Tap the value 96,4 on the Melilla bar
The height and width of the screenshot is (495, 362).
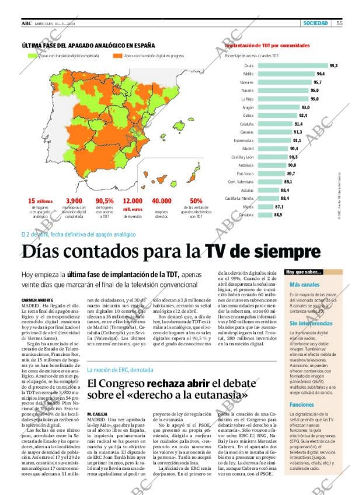tap(321, 74)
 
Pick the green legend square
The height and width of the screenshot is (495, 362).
tap(33, 56)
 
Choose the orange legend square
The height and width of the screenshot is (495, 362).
tap(118, 56)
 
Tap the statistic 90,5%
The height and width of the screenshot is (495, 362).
tap(104, 201)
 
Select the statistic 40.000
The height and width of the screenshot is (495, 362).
tap(161, 201)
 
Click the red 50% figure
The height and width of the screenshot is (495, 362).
tap(196, 201)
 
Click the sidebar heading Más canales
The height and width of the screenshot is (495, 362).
tap(301, 285)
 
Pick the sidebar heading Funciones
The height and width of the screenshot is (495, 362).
tap(301, 404)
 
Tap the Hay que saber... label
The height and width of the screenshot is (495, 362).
tap(304, 272)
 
